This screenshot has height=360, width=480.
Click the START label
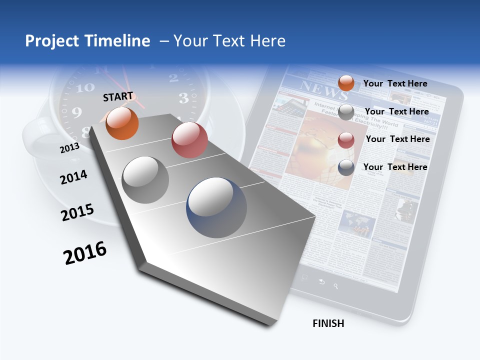coord(118,96)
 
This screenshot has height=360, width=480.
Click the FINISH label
coord(328,323)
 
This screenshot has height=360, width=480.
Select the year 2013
coord(69,148)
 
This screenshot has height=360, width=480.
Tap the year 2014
coord(73,177)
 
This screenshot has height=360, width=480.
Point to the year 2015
coord(77,212)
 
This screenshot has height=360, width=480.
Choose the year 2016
coord(85,253)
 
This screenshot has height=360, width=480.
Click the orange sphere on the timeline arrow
coord(122,123)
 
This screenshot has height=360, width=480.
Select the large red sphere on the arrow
coord(189,140)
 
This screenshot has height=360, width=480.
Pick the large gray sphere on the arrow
coord(145,180)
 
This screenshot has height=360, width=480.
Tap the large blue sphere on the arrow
coord(216,207)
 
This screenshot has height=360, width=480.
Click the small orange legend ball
coord(346,83)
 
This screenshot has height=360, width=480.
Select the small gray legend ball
coord(346,112)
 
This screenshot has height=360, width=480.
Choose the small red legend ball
coord(346,140)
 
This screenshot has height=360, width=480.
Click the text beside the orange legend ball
coord(395,83)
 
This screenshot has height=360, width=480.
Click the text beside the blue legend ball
coord(395,167)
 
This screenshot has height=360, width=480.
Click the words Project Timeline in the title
coord(87,41)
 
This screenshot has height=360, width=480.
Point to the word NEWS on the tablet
coord(317,88)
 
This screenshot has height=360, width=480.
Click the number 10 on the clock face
coord(84,88)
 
